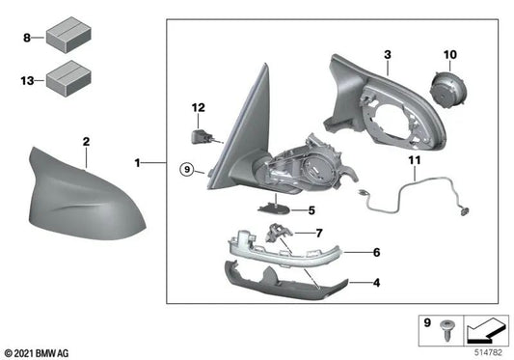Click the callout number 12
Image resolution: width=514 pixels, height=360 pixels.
[x=198, y=107]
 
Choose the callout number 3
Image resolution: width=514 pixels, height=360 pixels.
[x=386, y=58]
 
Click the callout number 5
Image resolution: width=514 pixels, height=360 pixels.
[x=311, y=209]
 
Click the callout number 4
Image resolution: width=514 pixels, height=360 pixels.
[x=376, y=284]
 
